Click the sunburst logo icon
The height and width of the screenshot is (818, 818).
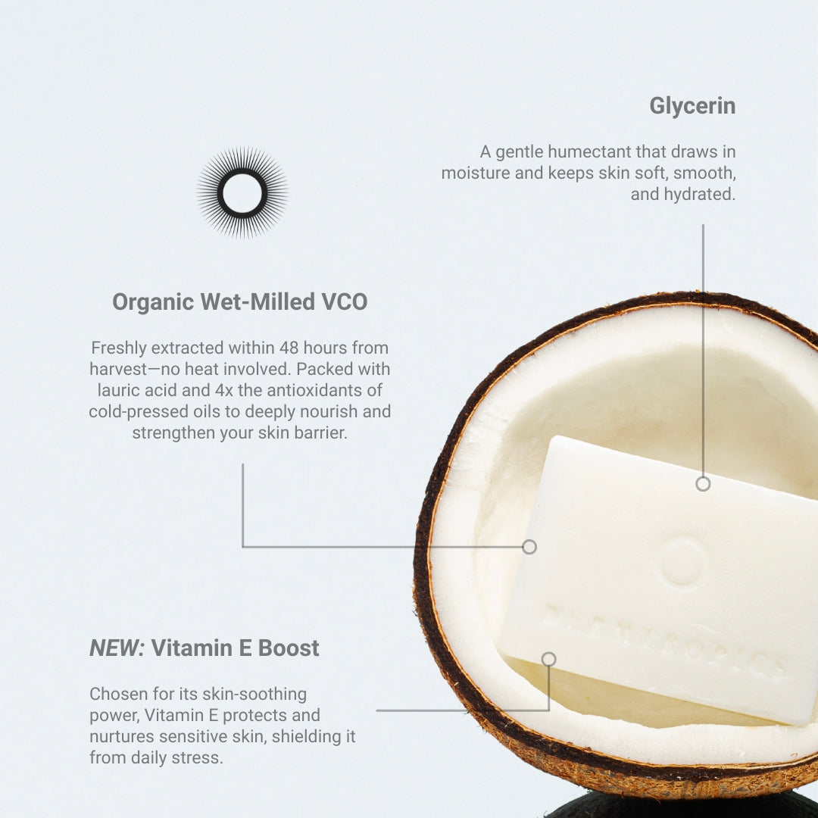point(242,192)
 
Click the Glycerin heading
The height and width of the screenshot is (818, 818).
point(692,106)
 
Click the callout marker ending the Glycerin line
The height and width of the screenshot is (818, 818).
point(703,484)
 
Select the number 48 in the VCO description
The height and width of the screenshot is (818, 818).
point(289,348)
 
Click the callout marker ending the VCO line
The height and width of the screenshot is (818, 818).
point(529,547)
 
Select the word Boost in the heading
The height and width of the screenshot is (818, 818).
point(289,648)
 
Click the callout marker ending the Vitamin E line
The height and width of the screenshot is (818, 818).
point(548,660)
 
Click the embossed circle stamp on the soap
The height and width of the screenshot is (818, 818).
point(682,561)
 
